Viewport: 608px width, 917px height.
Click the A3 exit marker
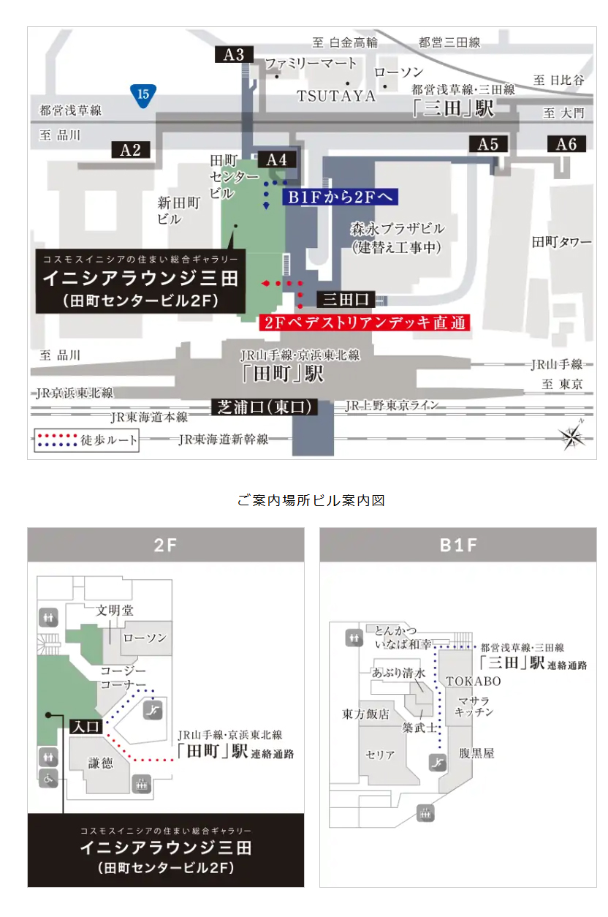point(234,54)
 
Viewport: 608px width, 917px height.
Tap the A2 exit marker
point(130,150)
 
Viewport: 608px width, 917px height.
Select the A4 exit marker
point(277,159)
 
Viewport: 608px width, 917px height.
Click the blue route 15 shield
point(143,94)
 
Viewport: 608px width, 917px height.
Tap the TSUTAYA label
point(335,96)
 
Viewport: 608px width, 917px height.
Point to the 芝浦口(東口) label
point(265,407)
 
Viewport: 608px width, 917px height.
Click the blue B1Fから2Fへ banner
point(340,197)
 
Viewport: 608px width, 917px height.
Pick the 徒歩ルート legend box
point(86,440)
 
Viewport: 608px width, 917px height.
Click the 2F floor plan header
point(166,545)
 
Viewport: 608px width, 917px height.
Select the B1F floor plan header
point(457,545)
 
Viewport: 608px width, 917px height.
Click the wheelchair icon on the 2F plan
point(49,779)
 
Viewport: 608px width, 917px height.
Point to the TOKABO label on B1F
point(474,682)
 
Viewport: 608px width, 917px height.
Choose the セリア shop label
point(380,755)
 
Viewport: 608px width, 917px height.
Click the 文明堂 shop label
point(115,610)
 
